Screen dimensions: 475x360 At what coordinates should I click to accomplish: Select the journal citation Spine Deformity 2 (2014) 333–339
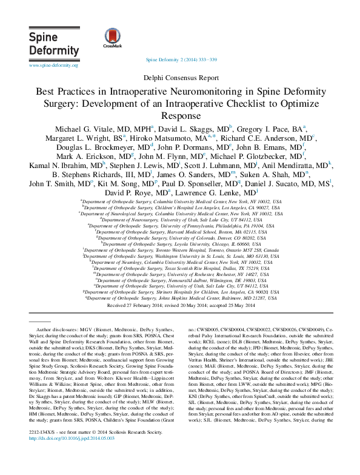point(180,61)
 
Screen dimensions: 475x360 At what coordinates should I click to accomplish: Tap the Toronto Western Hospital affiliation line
point(179,250)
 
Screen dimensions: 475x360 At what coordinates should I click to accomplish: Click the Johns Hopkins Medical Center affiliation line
point(179,298)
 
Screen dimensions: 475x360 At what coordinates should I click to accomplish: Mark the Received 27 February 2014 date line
point(179,305)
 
